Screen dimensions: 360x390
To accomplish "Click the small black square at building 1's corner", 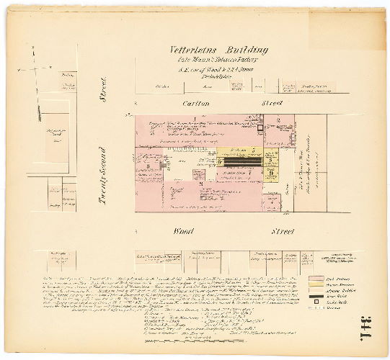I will pos(259,127).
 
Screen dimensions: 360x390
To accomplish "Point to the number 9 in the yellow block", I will pos(270,172).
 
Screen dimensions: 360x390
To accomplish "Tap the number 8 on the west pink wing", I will pos(148,166).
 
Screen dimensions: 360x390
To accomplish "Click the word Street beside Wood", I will pos(282,232).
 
